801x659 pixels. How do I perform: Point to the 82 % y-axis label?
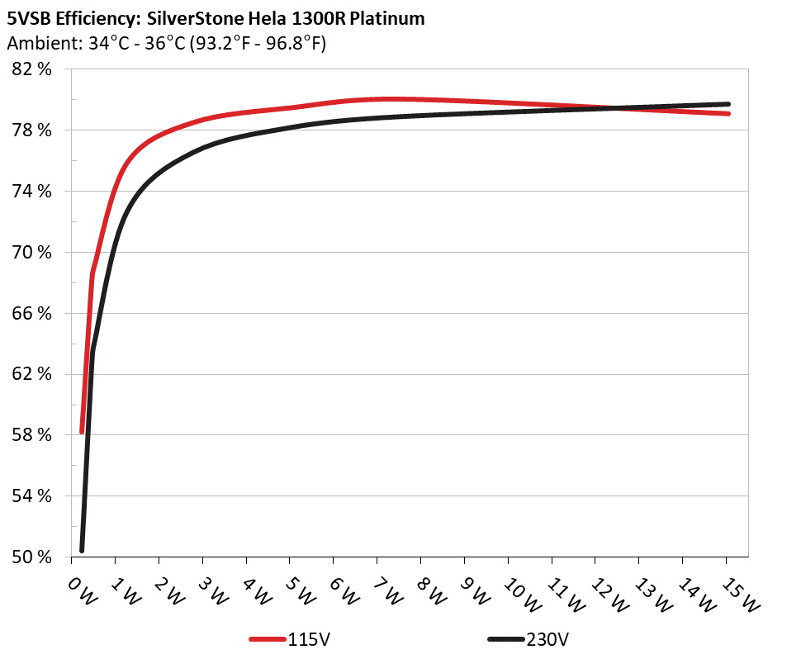33,69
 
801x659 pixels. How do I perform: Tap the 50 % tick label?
33,557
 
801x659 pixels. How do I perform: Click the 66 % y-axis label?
33,313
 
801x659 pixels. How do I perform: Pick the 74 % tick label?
33,192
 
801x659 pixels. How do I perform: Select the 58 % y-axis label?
33,435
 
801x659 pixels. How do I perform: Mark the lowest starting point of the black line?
82,550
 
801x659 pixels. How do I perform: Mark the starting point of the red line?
82,431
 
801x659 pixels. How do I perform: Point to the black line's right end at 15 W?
728,104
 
